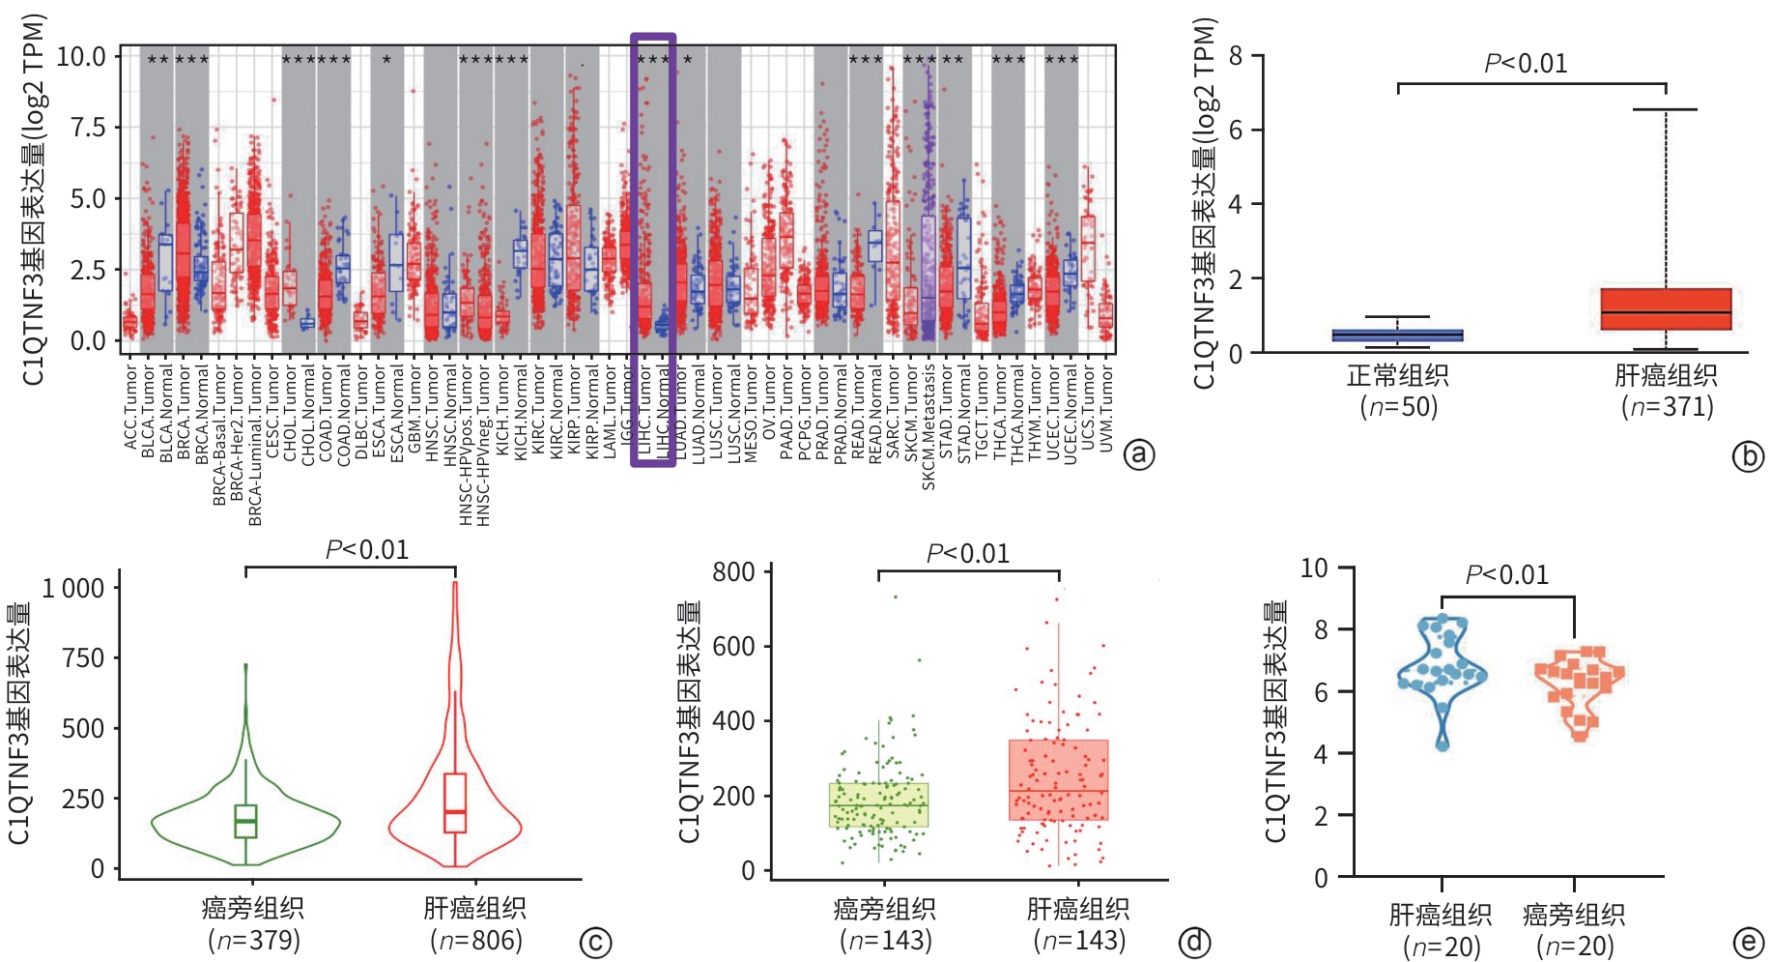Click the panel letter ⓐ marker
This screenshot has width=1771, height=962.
(1140, 454)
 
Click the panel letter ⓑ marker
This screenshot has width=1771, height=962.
(1747, 456)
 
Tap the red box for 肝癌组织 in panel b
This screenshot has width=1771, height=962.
(1666, 309)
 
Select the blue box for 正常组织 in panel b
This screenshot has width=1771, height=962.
(1397, 335)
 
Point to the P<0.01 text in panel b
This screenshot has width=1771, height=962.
(1526, 64)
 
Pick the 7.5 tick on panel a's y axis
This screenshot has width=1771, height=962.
(88, 128)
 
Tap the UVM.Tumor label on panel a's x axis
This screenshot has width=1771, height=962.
(1106, 407)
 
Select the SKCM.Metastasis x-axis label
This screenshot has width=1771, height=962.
(928, 425)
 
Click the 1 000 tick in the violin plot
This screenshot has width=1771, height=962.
(72, 588)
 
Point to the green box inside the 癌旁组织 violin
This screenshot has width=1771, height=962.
(245, 821)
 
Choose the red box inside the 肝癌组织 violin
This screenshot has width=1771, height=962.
(455, 802)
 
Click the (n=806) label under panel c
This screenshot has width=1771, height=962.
(475, 940)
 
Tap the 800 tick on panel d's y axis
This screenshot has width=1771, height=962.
(733, 572)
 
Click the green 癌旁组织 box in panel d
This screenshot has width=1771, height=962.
(878, 805)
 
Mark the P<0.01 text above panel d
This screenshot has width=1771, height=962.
(967, 553)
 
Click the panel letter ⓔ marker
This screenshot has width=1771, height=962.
(1747, 943)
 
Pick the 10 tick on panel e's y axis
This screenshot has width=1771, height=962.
(1313, 568)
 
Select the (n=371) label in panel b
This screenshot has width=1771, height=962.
(1667, 407)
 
